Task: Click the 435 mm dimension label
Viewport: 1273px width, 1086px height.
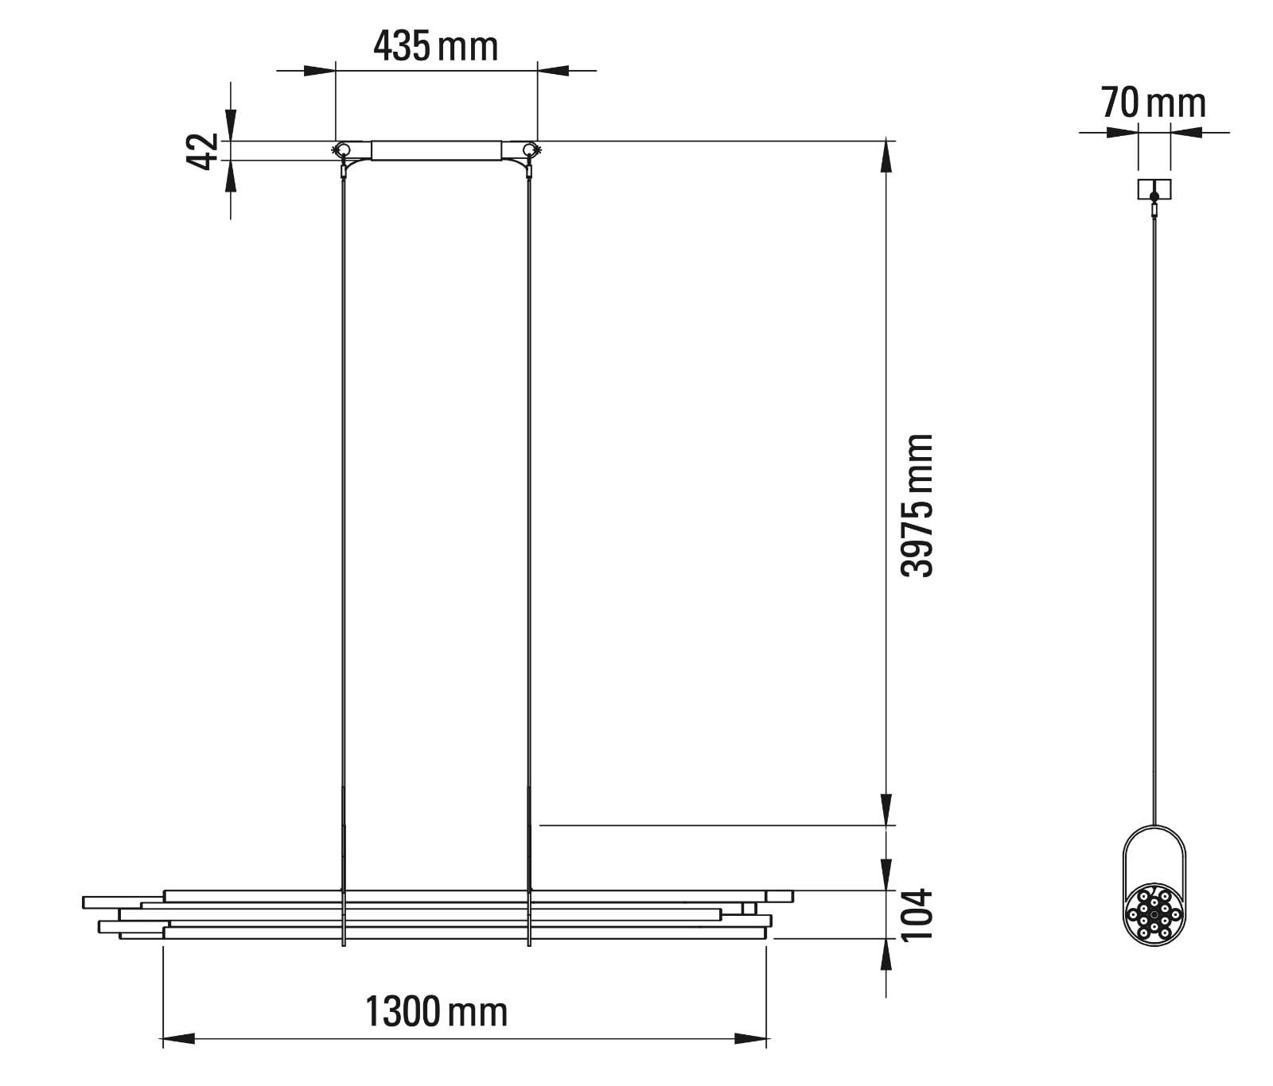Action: point(436,46)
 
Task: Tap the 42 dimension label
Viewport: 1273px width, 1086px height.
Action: point(202,151)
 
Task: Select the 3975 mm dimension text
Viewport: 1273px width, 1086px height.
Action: point(917,506)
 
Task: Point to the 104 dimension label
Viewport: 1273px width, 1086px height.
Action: point(917,914)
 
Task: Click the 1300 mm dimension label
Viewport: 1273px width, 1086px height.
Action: point(436,1012)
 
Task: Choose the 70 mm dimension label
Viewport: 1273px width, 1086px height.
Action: point(1154,103)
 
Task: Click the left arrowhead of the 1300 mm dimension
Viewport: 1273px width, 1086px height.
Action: point(178,1038)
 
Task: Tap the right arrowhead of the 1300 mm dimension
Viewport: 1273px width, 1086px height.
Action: point(750,1038)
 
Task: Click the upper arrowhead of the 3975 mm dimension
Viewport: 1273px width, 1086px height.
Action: point(886,157)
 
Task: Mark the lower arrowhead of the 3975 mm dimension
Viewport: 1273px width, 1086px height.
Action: point(886,809)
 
